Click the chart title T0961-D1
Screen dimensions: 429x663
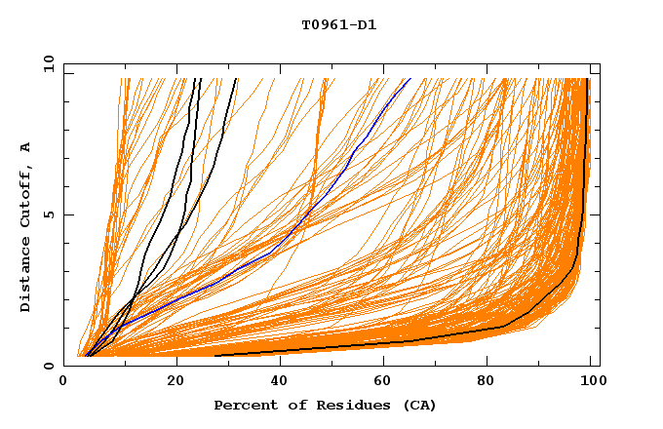(x=338, y=25)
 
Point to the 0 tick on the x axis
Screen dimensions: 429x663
(x=64, y=383)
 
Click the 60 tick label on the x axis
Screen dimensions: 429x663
(x=387, y=383)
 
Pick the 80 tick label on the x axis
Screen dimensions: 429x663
(x=492, y=383)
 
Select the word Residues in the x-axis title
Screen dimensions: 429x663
(x=346, y=406)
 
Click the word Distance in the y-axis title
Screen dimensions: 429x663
(x=26, y=275)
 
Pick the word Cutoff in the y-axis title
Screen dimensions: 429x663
(x=26, y=198)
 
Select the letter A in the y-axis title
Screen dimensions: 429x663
(x=26, y=147)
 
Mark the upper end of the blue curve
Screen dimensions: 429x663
(x=410, y=79)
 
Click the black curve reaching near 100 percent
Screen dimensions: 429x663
(x=582, y=195)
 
